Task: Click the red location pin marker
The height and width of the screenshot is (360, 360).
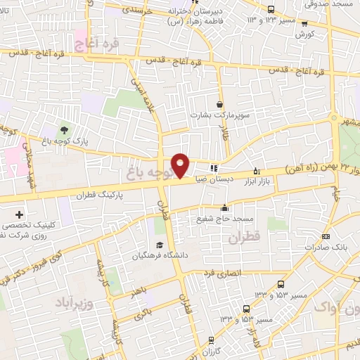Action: point(181,165)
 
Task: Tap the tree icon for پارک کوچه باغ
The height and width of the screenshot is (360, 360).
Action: point(64,129)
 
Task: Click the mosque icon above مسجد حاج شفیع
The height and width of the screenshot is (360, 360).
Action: point(224,207)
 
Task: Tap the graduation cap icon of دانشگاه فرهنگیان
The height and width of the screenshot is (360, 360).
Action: point(159,245)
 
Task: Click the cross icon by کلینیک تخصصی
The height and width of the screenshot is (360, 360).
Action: point(19,214)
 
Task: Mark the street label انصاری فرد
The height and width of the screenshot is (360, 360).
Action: point(221,272)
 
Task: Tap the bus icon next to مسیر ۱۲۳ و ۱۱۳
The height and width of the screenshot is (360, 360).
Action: point(271,9)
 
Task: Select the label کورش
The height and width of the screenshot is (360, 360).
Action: point(303,34)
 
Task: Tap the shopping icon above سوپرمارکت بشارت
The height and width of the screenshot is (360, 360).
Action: point(220,103)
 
